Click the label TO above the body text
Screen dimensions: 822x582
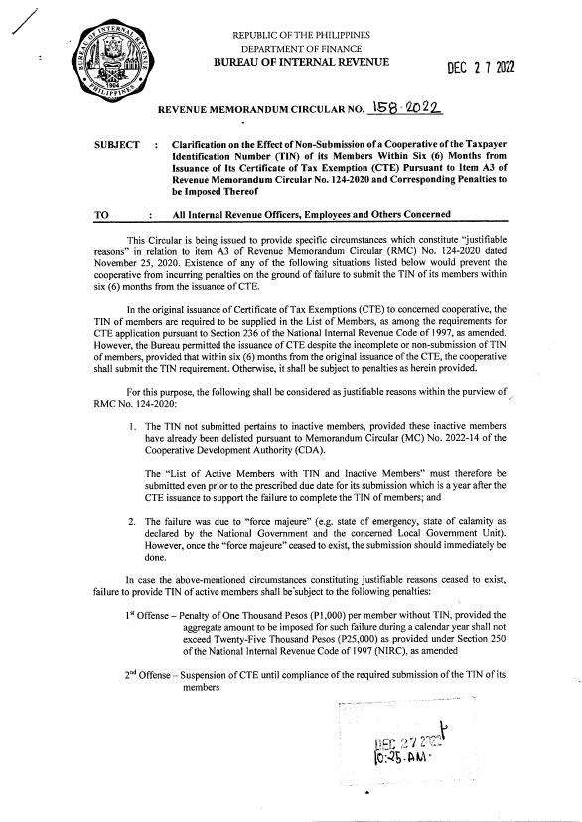pos(99,215)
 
